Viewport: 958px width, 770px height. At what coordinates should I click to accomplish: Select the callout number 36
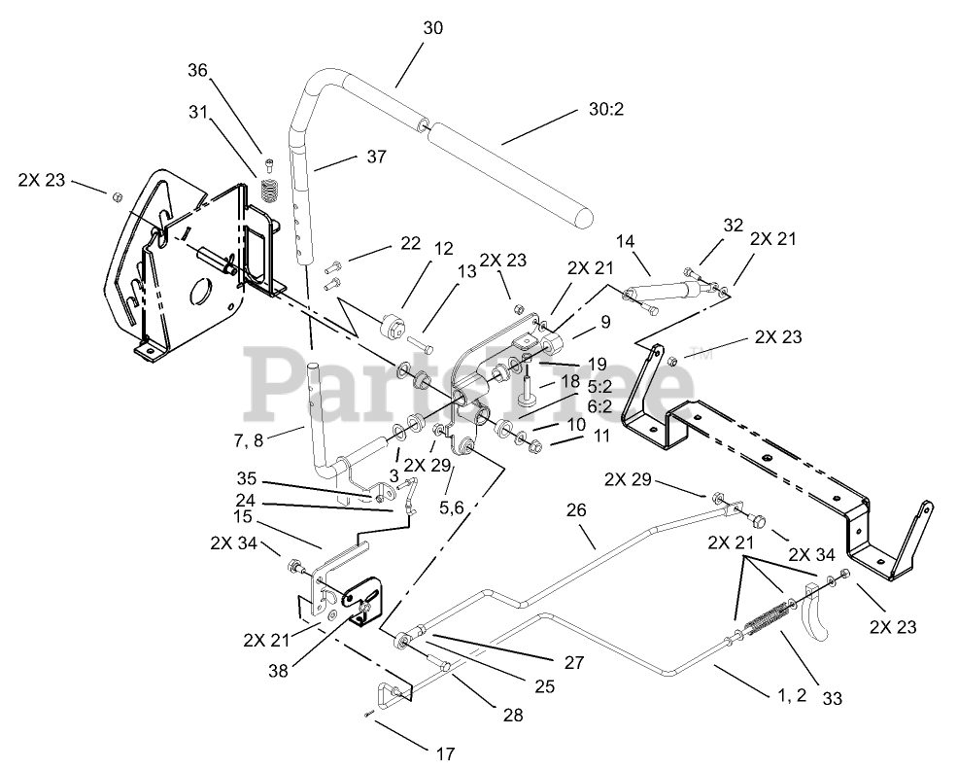[198, 70]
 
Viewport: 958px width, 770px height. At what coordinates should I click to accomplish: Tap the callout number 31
[198, 112]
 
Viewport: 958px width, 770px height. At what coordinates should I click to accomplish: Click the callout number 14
[625, 240]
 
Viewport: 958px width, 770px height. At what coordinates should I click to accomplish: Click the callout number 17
[446, 752]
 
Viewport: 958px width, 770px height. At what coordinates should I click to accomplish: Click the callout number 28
[513, 716]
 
